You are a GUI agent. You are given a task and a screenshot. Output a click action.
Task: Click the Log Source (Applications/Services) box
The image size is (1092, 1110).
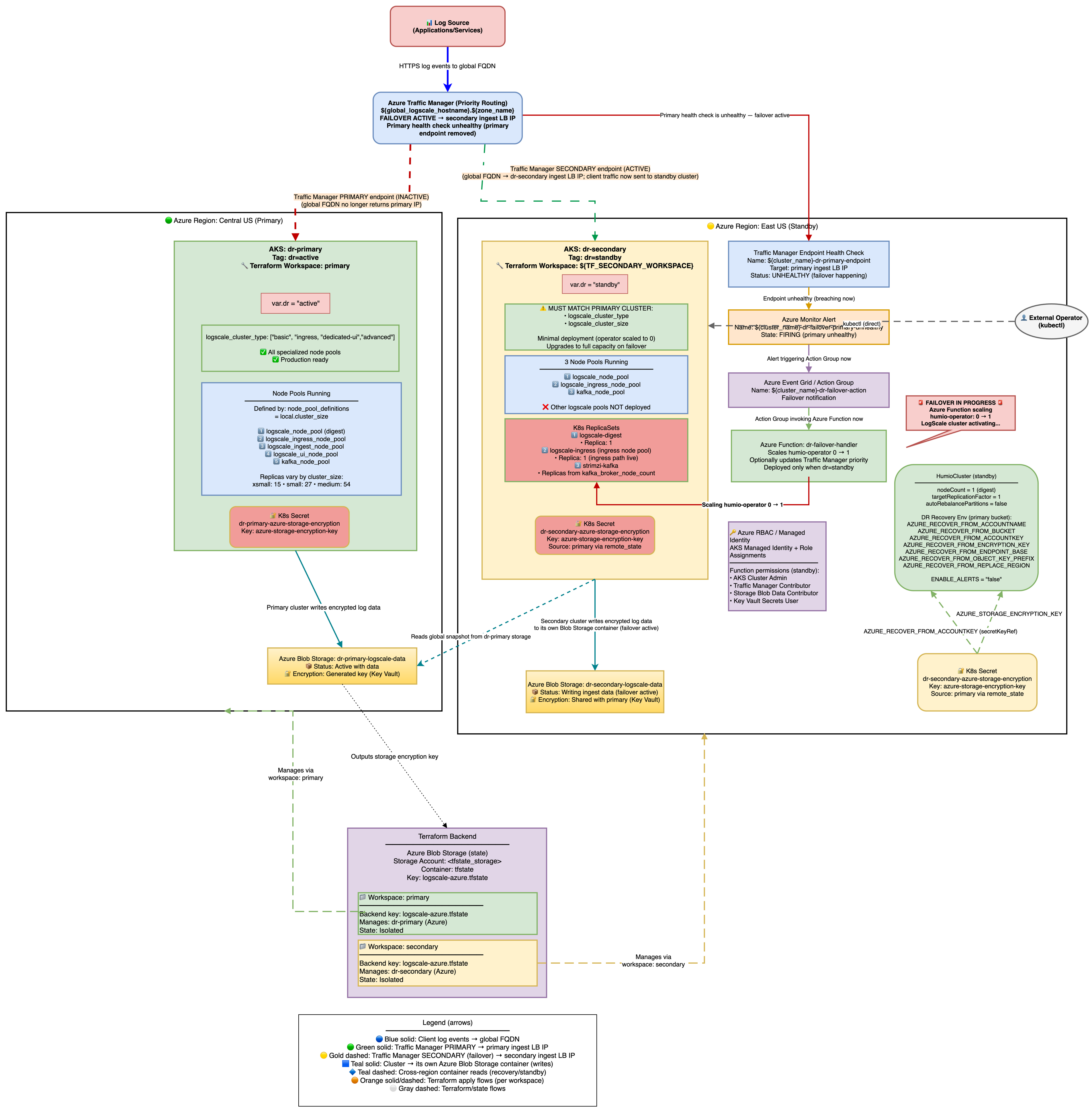tap(447, 26)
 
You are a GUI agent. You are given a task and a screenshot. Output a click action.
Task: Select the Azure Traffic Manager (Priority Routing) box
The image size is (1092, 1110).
tap(447, 117)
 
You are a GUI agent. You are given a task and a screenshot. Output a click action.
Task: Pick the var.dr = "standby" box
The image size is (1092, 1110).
tap(595, 284)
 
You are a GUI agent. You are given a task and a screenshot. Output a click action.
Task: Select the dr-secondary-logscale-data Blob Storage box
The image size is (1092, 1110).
tap(595, 691)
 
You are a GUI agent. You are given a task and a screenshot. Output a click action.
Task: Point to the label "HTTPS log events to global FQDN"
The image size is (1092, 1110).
tap(447, 66)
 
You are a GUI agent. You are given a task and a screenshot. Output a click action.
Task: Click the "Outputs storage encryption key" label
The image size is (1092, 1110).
tap(395, 756)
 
